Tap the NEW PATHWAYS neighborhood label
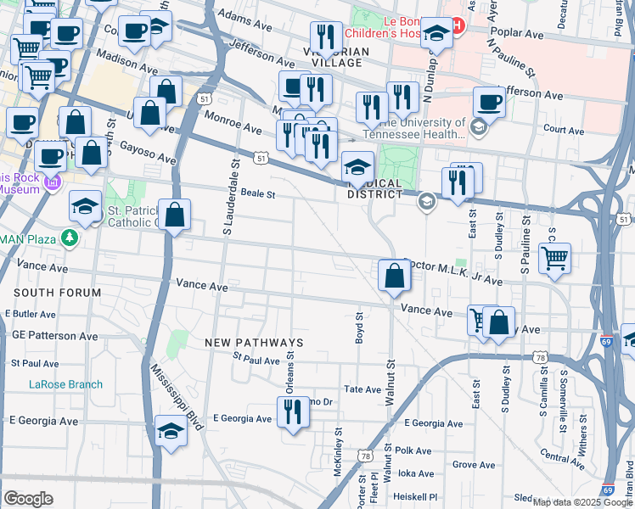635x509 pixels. click(x=254, y=342)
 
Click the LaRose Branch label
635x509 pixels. click(x=65, y=384)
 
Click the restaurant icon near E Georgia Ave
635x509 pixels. click(x=294, y=412)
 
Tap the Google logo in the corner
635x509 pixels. click(x=28, y=498)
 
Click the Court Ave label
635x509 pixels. click(x=564, y=131)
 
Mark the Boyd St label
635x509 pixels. click(x=359, y=327)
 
